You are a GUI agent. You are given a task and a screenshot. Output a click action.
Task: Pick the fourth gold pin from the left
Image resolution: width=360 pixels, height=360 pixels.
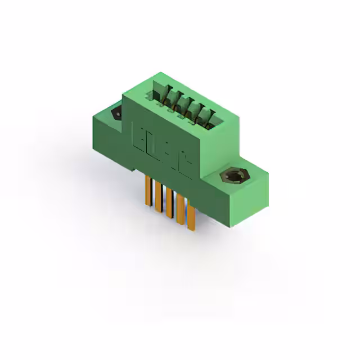(179, 209)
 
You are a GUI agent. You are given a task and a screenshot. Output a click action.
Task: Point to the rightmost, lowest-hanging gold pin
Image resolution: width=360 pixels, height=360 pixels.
(190, 217)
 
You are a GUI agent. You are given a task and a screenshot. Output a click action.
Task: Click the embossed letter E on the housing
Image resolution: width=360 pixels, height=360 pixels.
(138, 136)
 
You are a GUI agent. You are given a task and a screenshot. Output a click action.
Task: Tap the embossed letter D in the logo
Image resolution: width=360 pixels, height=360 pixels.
(152, 144)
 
